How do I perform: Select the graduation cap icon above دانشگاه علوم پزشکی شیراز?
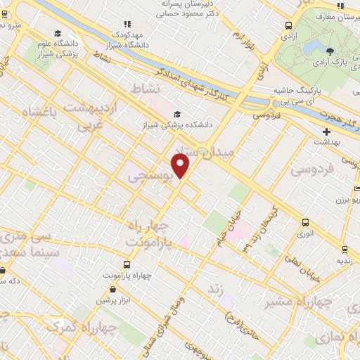point(58,33)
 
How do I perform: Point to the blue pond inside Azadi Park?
point(309,47)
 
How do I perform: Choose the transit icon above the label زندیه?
point(345,249)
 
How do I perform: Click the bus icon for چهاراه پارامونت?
point(127,264)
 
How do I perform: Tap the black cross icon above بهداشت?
point(326,131)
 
